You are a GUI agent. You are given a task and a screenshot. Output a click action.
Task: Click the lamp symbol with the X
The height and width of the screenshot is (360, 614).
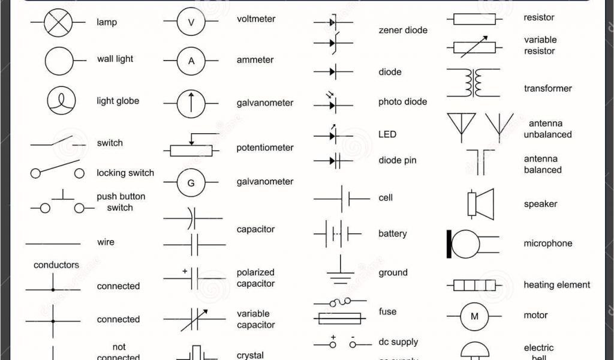(x=58, y=23)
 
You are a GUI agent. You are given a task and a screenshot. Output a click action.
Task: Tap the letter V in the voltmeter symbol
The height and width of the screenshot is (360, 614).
(x=191, y=23)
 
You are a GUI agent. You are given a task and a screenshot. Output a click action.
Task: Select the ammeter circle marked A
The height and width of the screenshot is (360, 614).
(x=191, y=61)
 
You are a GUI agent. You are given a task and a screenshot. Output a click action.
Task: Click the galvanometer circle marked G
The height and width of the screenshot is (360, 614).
(x=191, y=184)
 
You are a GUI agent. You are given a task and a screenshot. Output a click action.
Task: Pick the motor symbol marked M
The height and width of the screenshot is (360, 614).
(x=474, y=316)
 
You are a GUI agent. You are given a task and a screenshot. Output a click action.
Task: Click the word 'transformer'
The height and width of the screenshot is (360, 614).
(x=547, y=89)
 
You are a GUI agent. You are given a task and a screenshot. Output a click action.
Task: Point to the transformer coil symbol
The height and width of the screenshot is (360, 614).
(x=472, y=83)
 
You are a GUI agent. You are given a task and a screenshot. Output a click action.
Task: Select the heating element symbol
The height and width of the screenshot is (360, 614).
(x=474, y=285)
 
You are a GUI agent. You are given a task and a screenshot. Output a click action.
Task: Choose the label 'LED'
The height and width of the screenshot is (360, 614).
(x=387, y=134)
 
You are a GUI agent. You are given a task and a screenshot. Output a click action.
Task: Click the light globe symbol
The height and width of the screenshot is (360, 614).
(x=61, y=101)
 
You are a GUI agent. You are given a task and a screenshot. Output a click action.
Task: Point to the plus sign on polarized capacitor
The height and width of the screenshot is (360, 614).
(x=185, y=271)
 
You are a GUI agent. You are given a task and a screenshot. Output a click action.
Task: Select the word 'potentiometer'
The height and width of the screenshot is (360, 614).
(x=264, y=148)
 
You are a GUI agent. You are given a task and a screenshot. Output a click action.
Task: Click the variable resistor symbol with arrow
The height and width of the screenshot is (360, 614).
(x=474, y=46)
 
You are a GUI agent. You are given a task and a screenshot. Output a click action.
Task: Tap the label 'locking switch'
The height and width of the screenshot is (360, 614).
(x=125, y=173)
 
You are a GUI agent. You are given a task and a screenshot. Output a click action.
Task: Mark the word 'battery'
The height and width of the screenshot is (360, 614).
(x=392, y=234)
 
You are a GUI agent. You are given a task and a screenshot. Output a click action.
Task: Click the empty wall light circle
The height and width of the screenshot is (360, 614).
(x=59, y=61)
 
